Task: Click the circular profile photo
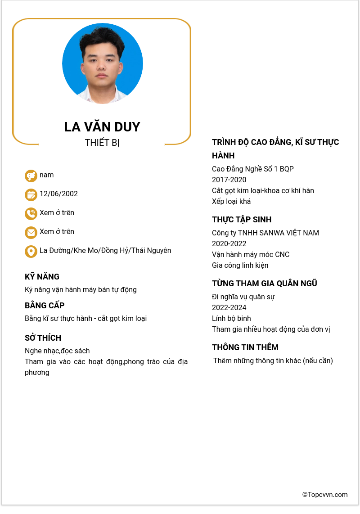pyautogui.click(x=102, y=63)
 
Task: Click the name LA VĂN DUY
pyautogui.click(x=102, y=127)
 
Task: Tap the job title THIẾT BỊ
pyautogui.click(x=102, y=143)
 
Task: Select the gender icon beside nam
pyautogui.click(x=31, y=176)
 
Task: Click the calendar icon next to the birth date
pyautogui.click(x=31, y=194)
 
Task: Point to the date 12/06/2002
pyautogui.click(x=58, y=194)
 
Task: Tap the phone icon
pyautogui.click(x=31, y=213)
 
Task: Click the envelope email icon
pyautogui.click(x=31, y=232)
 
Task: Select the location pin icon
pyautogui.click(x=31, y=251)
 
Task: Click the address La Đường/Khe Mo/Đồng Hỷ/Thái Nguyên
pyautogui.click(x=105, y=251)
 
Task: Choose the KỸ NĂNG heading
pyautogui.click(x=42, y=277)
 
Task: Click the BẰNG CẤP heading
pyautogui.click(x=45, y=306)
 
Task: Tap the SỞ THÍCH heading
pyautogui.click(x=43, y=338)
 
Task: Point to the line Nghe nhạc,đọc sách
pyautogui.click(x=57, y=351)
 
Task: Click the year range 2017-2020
pyautogui.click(x=229, y=180)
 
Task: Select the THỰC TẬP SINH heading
pyautogui.click(x=242, y=220)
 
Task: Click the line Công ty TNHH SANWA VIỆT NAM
pyautogui.click(x=265, y=233)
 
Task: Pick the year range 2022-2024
pyautogui.click(x=229, y=308)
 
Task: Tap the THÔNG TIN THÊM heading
pyautogui.click(x=245, y=347)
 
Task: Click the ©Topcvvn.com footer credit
pyautogui.click(x=325, y=495)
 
